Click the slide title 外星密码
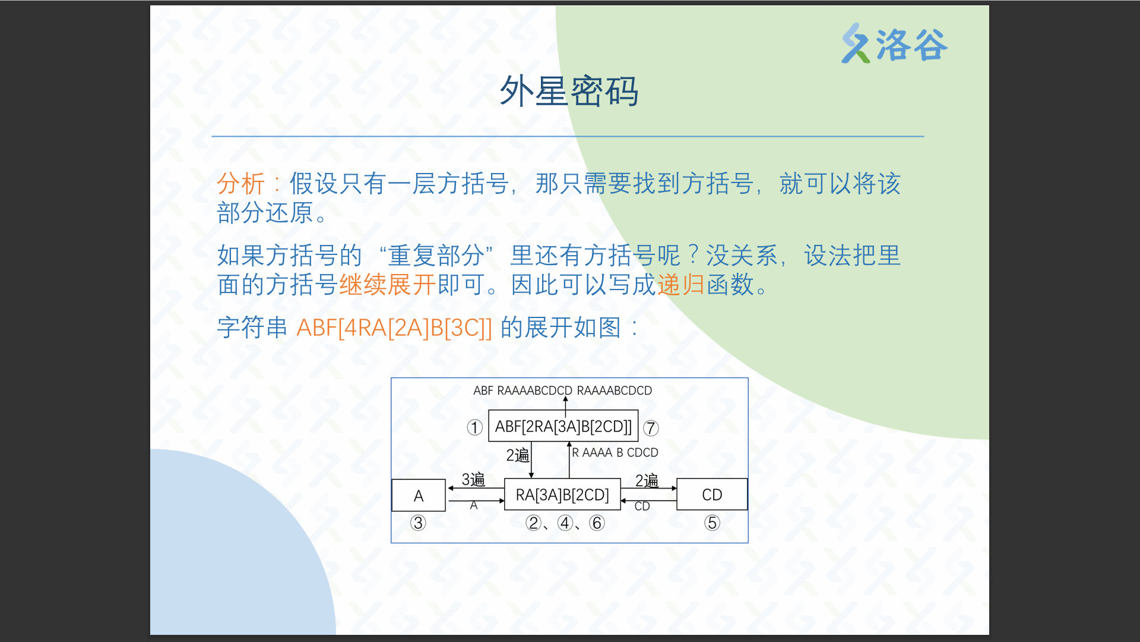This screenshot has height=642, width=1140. [x=569, y=92]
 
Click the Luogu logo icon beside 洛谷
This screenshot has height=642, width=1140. [x=856, y=43]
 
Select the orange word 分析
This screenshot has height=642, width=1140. [x=240, y=184]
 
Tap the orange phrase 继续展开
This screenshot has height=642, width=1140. [x=388, y=285]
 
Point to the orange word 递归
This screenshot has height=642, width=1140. [x=681, y=285]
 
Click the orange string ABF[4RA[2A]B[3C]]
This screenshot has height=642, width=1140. [x=394, y=328]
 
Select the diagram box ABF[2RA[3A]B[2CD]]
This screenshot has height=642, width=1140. [x=563, y=426]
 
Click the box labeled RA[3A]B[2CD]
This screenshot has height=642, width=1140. [x=562, y=495]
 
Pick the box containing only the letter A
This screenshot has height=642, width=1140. [x=419, y=495]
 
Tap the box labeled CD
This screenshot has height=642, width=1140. [x=712, y=495]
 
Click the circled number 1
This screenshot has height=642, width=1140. [x=474, y=427]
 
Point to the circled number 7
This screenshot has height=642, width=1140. [x=651, y=428]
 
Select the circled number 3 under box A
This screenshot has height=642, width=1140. [x=418, y=523]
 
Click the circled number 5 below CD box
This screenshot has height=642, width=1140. [x=712, y=523]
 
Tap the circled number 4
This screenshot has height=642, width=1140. [x=565, y=523]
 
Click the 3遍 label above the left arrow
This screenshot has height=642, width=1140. [x=473, y=480]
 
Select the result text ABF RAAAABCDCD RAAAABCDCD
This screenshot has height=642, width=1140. [x=562, y=391]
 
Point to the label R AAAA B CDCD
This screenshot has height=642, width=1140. [x=615, y=452]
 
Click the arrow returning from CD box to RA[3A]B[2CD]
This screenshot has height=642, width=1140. [x=648, y=501]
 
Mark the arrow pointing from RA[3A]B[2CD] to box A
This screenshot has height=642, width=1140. [x=476, y=488]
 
